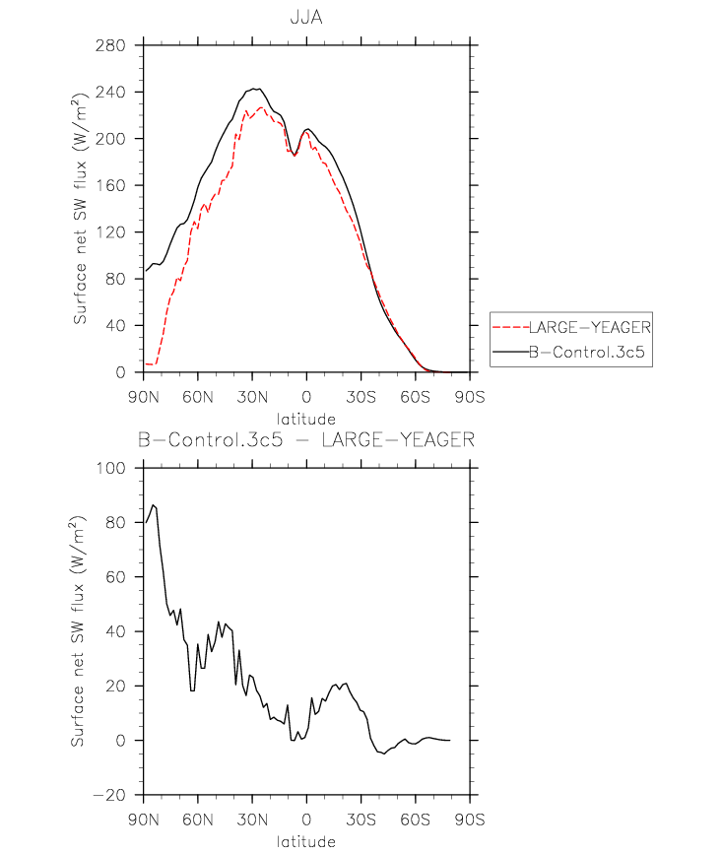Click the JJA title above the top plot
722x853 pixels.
coord(306,18)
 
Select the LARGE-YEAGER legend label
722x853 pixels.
coord(590,327)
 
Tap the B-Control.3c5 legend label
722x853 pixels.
coord(586,352)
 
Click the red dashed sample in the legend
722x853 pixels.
coord(510,327)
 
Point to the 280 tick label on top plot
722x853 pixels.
coord(110,45)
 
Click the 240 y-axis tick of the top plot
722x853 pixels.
coord(110,92)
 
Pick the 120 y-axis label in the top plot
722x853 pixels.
coord(110,232)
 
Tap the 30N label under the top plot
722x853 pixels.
coord(252,397)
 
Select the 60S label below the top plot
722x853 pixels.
coord(415,397)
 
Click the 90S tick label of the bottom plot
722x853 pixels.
coord(470,820)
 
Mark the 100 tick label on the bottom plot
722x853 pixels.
coord(110,468)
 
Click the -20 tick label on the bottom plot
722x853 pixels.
coord(109,795)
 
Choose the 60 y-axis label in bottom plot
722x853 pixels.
coord(115,576)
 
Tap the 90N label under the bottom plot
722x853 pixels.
coord(144,820)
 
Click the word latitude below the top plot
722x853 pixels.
coord(305,419)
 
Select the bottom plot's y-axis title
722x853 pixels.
coord(78,631)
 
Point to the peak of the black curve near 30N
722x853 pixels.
coord(255,88)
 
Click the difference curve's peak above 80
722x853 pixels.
coord(153,505)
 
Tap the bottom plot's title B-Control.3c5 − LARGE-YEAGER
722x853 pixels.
coord(306,439)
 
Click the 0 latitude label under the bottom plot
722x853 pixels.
coord(306,820)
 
